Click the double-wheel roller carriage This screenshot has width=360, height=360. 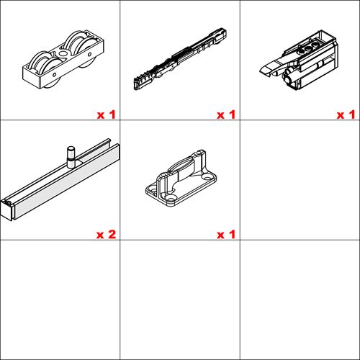(63, 60)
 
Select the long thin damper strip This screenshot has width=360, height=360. (180, 59)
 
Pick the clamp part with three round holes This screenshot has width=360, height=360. (300, 60)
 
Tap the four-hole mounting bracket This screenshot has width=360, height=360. (181, 178)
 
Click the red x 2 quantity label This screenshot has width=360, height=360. (106, 234)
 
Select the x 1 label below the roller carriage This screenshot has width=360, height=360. (106, 114)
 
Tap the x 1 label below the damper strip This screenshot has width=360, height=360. (226, 114)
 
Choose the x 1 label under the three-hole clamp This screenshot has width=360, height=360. (346, 114)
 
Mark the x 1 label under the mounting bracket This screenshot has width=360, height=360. (226, 234)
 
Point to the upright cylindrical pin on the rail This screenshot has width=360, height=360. (71, 157)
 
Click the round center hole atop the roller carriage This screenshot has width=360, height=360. (63, 54)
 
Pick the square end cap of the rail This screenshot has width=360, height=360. (6, 210)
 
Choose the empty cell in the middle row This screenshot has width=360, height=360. (300, 180)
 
